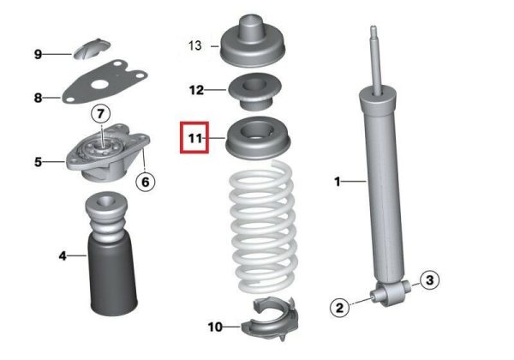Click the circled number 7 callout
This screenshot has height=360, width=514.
(x=100, y=114)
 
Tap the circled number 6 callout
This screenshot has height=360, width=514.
(x=146, y=182)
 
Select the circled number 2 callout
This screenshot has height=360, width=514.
(x=339, y=308)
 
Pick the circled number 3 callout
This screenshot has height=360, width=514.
(x=429, y=280)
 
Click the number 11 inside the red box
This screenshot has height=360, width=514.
(x=195, y=138)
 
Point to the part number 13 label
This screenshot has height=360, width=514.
(x=194, y=45)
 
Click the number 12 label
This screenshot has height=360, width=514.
(x=196, y=90)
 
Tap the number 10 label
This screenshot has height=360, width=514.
(x=215, y=327)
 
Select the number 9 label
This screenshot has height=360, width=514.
(x=38, y=54)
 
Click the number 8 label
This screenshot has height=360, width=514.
(x=38, y=98)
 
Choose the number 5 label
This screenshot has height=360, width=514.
(x=38, y=162)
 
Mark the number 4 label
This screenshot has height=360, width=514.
(x=63, y=255)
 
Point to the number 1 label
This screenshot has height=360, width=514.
(x=337, y=182)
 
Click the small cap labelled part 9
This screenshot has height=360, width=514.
(x=92, y=49)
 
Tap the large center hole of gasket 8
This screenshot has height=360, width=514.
(x=100, y=85)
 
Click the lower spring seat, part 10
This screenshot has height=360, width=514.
(x=270, y=319)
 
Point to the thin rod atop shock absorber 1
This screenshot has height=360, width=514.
(x=377, y=60)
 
